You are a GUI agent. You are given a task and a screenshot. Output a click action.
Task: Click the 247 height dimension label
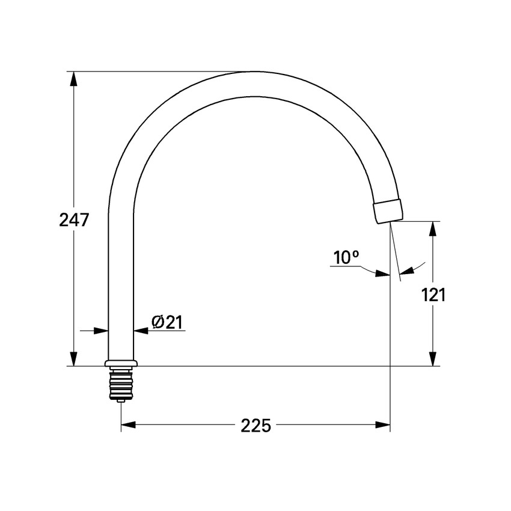(74, 220)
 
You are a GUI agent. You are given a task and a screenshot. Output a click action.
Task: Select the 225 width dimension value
(256, 426)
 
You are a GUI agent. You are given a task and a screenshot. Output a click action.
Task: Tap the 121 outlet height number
(433, 295)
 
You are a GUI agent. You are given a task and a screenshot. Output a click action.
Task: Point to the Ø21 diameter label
(167, 323)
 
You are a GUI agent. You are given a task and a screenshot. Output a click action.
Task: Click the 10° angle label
(346, 258)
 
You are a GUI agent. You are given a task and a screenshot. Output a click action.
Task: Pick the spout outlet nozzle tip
(388, 211)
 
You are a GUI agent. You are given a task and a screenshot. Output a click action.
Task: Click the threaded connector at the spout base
(121, 384)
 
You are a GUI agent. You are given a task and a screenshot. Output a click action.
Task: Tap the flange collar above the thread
(121, 364)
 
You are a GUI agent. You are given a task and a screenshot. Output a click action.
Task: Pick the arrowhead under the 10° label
(382, 274)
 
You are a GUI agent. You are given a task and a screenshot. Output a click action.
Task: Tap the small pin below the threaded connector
(121, 400)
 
